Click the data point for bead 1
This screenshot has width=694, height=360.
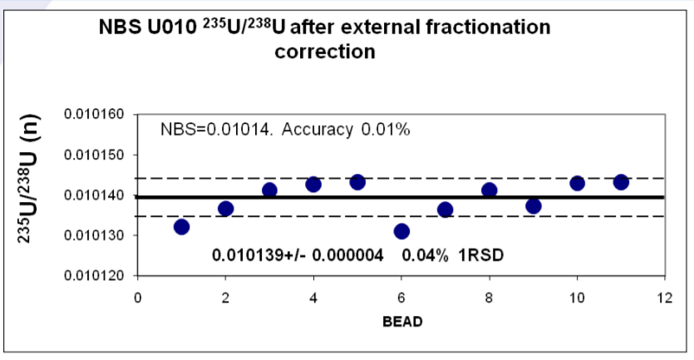point(181,227)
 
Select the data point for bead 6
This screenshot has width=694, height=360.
point(401,231)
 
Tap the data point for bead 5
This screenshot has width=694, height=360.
point(357,182)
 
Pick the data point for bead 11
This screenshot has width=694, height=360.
point(621,182)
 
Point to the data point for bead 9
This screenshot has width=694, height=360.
point(534,206)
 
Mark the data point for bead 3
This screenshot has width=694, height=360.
point(269,190)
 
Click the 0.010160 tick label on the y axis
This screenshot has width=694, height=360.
point(94,114)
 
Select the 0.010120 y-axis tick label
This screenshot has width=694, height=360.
point(94,275)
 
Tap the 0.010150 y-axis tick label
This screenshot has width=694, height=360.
point(94,155)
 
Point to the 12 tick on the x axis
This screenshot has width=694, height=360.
point(664,298)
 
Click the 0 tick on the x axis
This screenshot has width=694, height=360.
point(138,298)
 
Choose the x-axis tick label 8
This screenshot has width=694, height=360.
point(489,298)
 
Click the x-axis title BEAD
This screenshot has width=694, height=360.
point(402,322)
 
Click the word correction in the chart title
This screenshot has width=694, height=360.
point(325,52)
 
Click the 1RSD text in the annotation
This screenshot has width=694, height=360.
point(480,255)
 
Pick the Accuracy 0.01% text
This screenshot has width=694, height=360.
point(346,130)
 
